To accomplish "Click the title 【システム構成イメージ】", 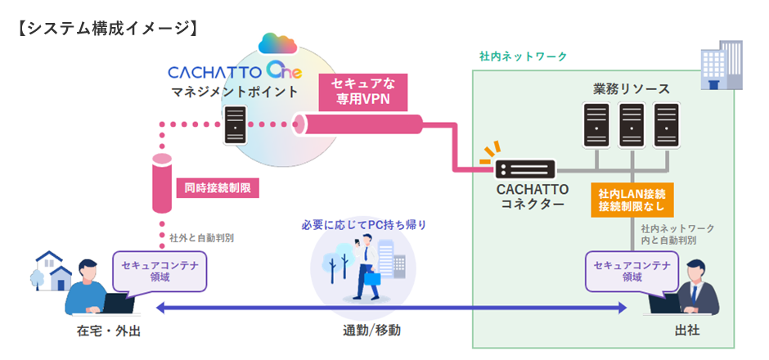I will [107, 28].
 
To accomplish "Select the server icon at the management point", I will [236, 125].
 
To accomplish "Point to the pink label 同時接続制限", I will [218, 189].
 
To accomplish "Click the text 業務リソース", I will [631, 88].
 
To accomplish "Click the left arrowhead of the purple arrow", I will [160, 308].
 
